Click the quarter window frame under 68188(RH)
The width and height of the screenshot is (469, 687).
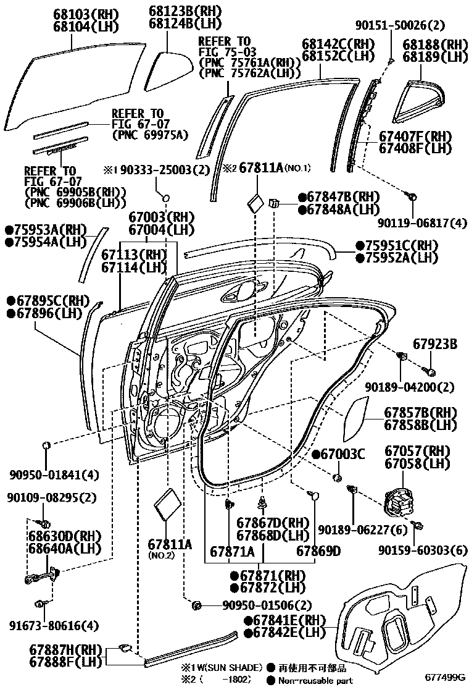coord(420,98)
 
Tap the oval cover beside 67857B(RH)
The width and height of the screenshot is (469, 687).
coord(354,418)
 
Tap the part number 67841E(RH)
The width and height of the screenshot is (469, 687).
coord(285,620)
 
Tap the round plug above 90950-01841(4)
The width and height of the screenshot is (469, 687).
coord(46,445)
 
